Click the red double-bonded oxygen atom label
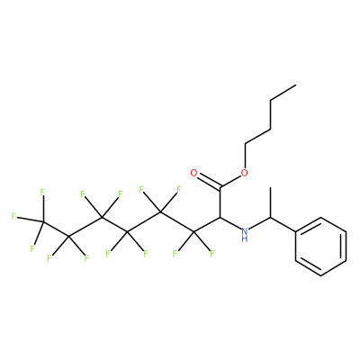(193, 173)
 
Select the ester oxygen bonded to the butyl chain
(245, 173)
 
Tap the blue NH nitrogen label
(245, 234)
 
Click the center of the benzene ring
(321, 247)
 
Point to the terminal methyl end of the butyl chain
(296, 85)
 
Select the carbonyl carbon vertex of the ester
(220, 188)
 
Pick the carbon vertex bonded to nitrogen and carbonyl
(220, 217)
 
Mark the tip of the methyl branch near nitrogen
(270, 188)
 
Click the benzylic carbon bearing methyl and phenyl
(270, 217)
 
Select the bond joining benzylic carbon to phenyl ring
(283, 224)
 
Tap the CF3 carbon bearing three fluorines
(43, 221)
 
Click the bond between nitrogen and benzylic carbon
(260, 223)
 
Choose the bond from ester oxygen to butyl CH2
(245, 157)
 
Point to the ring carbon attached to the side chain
(296, 231)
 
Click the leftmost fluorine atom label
(13, 216)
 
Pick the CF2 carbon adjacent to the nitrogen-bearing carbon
(194, 232)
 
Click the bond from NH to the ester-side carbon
(230, 223)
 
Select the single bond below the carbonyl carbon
(220, 202)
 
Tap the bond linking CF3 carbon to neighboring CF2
(56, 229)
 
